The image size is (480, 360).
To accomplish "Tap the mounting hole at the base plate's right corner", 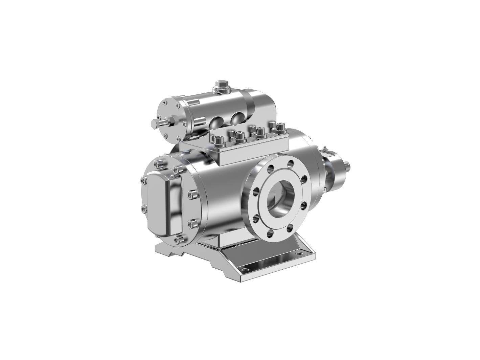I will pos(298,253).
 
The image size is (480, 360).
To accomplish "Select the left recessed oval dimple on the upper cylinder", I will pos(216,122).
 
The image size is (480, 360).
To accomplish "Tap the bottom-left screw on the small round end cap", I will pos(166,135).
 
